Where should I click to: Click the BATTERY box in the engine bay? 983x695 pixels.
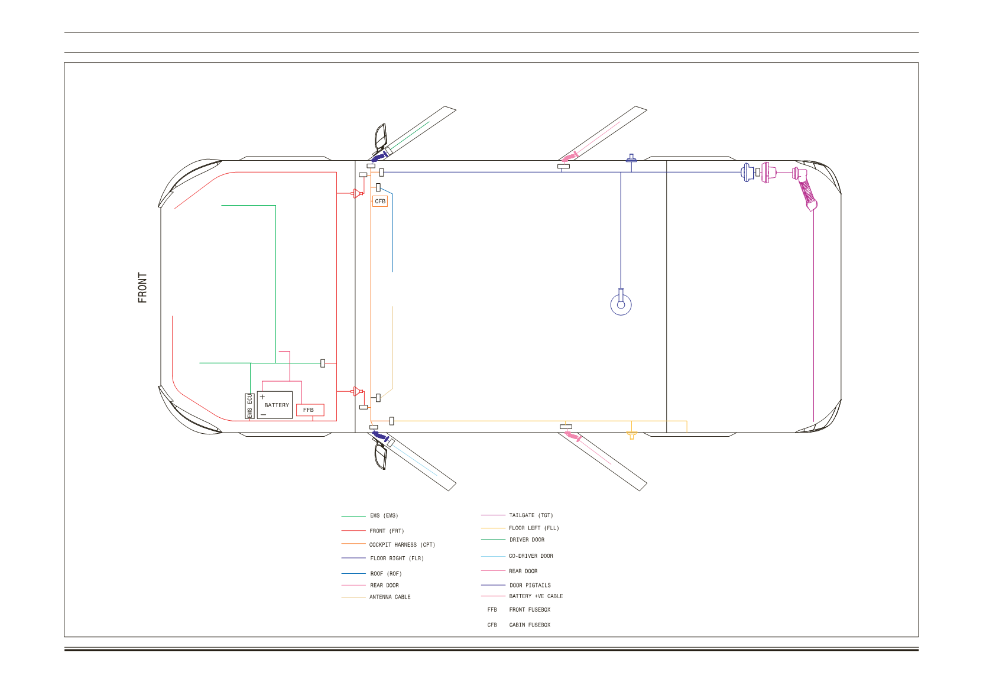coord(275,405)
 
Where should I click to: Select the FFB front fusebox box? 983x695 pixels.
coord(310,410)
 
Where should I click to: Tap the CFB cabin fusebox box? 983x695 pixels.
coord(380,202)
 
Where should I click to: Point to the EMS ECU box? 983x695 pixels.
coord(249,406)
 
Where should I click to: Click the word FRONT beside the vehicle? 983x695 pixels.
coord(142,287)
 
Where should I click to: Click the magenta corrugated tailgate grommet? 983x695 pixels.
coord(807,193)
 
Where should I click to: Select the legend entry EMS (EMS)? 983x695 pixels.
coord(370,515)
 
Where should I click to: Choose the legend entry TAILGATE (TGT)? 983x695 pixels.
coord(517,515)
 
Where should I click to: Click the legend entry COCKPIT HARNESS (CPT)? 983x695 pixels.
coord(388,544)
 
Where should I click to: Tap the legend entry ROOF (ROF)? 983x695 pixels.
coord(372,573)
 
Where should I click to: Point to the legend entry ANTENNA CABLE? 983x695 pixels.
coord(376,597)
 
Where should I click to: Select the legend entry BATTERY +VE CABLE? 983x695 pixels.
coord(522,596)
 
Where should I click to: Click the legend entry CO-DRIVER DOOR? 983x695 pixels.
coord(517,556)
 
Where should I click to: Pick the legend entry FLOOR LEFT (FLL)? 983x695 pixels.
coord(520,528)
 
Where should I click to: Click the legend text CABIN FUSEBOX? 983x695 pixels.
coord(530,625)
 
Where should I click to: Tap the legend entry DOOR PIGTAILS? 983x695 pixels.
coord(515,585)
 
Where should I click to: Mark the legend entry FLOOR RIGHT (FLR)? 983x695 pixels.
coord(382,558)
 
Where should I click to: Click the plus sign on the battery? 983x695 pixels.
coord(262,397)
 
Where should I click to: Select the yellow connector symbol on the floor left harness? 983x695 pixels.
coord(631,435)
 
